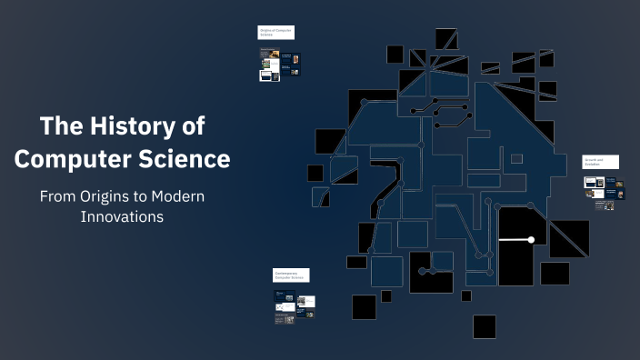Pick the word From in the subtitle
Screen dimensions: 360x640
coord(61,196)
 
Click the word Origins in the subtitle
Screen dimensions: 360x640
coord(114,196)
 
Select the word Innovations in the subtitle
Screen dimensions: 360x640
coord(122,217)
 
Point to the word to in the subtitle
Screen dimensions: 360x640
coord(149,196)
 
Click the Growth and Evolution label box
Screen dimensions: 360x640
coord(600,162)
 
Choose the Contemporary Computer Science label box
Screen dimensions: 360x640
coord(291,275)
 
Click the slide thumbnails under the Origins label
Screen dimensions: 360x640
coord(279,65)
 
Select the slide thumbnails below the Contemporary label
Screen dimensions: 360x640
coord(294,306)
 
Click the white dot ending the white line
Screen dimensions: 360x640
coord(531,240)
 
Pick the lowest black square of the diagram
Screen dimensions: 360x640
coord(485,326)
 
